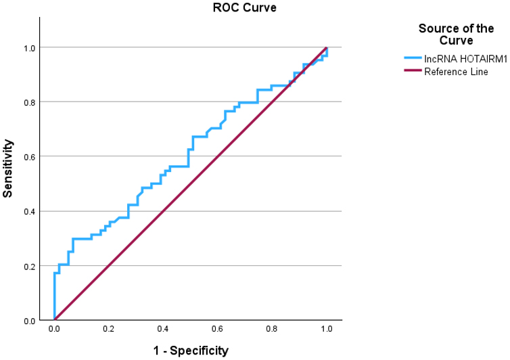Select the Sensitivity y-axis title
click(x=8, y=168)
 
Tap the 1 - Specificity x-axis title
click(x=191, y=351)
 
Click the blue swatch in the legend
click(x=412, y=60)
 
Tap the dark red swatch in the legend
click(x=412, y=72)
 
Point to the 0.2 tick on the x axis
click(x=109, y=330)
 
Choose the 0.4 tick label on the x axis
click(x=163, y=330)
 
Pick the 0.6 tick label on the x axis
click(x=218, y=330)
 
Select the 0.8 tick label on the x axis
click(x=272, y=330)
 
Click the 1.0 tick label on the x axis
click(x=327, y=330)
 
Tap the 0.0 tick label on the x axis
click(x=54, y=330)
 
